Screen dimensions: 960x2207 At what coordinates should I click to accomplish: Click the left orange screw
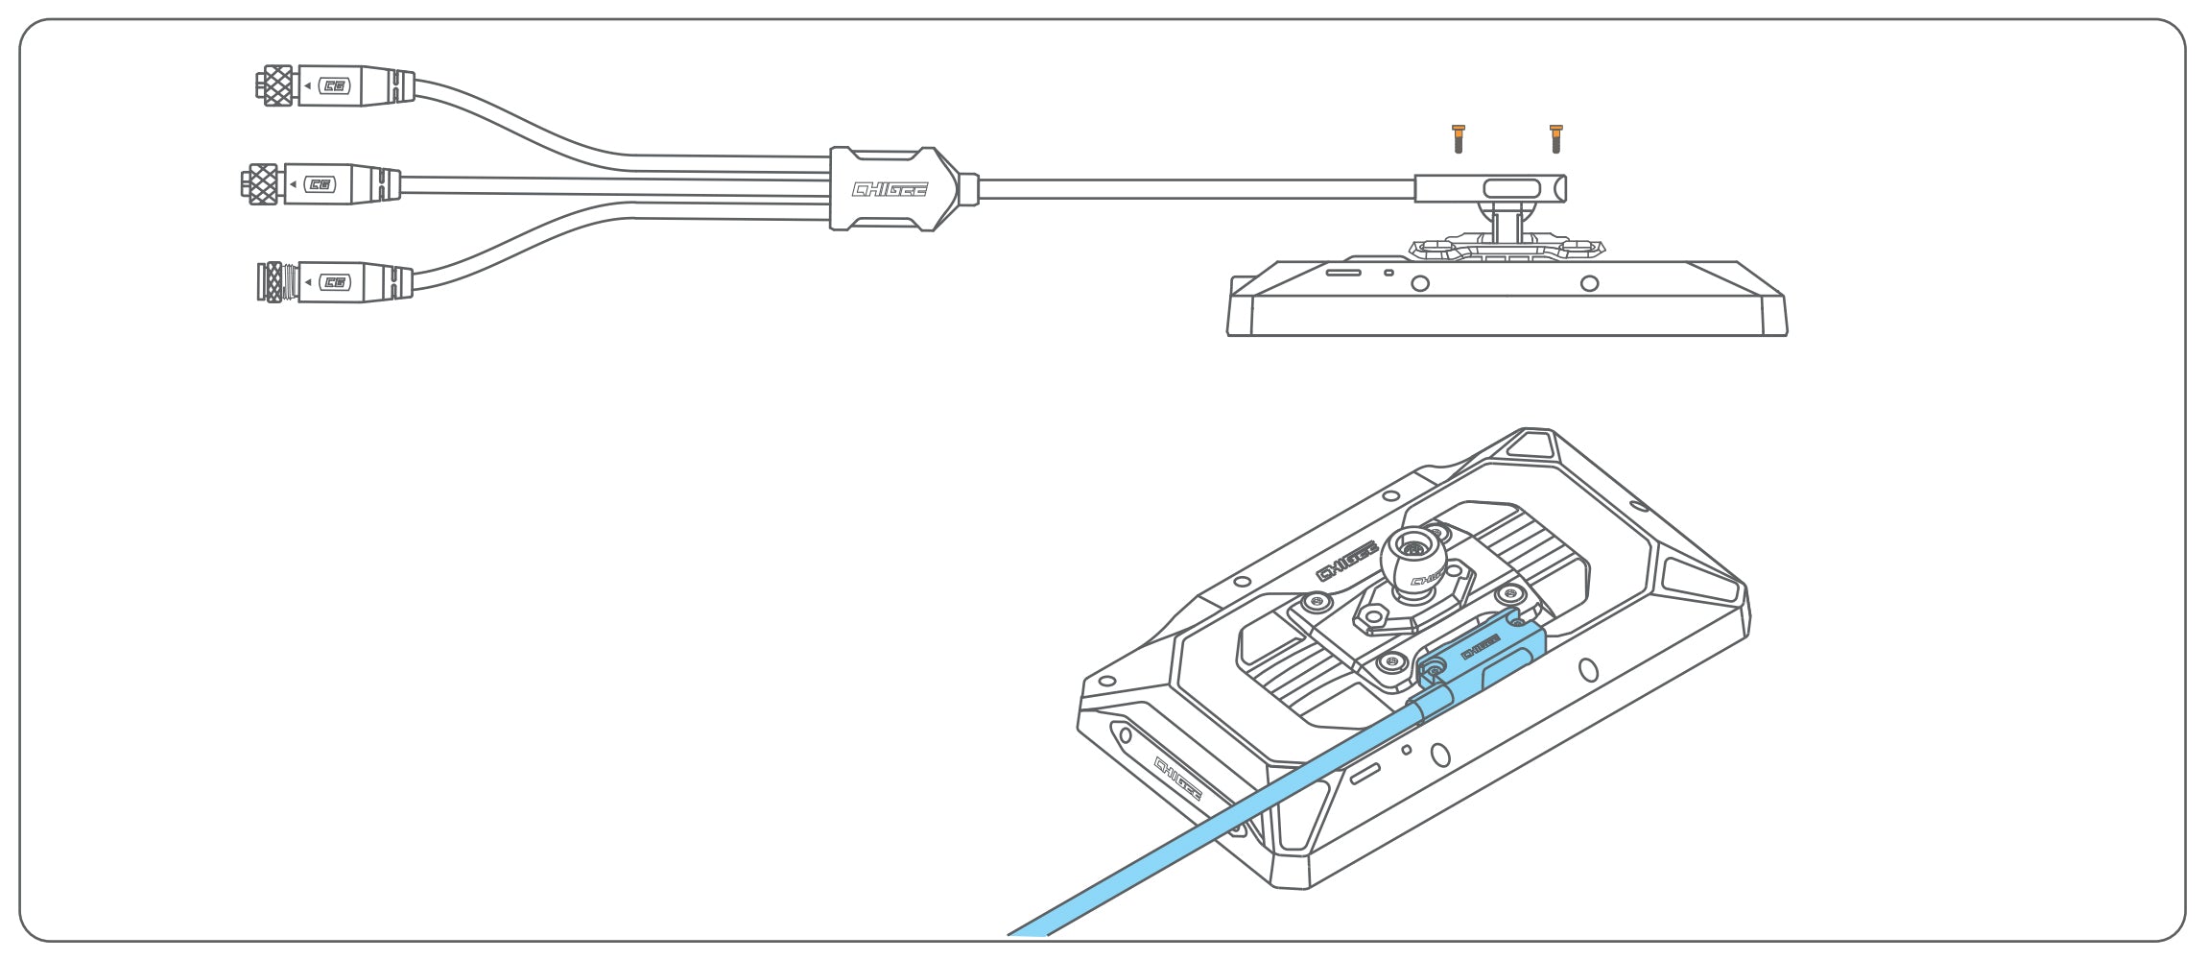point(1459,139)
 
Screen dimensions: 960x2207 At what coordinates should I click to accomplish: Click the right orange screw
point(1555,139)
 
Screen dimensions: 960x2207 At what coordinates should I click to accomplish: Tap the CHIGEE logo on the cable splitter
point(890,189)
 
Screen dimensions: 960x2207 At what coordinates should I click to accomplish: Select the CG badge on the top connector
point(335,86)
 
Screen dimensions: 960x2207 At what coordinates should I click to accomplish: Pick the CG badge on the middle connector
point(320,184)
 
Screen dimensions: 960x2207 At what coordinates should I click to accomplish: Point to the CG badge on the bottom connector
point(335,282)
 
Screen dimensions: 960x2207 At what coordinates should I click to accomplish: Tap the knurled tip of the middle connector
point(261,184)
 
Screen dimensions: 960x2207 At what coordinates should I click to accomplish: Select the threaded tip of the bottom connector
point(273,282)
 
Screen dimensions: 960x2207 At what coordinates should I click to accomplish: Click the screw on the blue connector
point(1434,665)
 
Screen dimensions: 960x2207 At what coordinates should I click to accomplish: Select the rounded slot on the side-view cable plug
point(1511,188)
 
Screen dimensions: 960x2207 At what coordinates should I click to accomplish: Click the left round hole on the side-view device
point(1420,283)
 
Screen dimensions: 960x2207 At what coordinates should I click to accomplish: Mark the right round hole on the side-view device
point(1589,283)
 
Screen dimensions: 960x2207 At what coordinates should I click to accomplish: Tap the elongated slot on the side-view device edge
point(1342,273)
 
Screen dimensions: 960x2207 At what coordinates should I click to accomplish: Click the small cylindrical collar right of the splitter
point(968,189)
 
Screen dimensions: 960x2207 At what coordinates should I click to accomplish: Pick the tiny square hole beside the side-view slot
point(1388,273)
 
